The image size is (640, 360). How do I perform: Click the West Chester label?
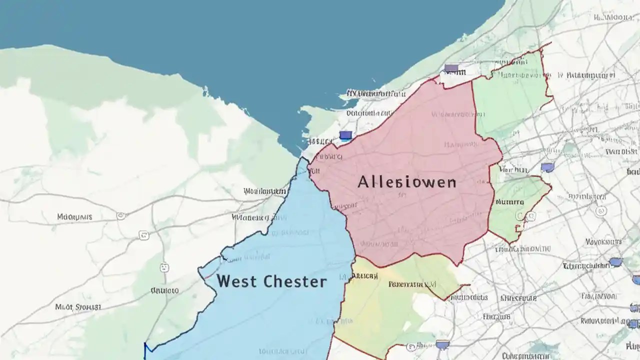(271, 281)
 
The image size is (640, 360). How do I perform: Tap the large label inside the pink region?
(406, 182)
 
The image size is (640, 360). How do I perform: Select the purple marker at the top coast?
(451, 68)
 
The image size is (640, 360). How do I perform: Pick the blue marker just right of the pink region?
(547, 167)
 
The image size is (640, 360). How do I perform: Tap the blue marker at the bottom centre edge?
(442, 344)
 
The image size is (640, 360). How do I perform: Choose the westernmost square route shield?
(120, 216)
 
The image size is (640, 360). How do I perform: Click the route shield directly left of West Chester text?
(164, 268)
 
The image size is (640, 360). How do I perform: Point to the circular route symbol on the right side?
(600, 211)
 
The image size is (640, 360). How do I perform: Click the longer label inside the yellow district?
(412, 284)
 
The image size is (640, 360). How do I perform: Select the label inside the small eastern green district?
(509, 202)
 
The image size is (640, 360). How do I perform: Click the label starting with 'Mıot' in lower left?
(78, 307)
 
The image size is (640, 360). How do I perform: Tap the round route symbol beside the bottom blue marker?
(411, 346)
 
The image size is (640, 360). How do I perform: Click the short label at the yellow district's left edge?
(364, 275)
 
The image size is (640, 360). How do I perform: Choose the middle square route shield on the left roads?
(144, 235)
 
